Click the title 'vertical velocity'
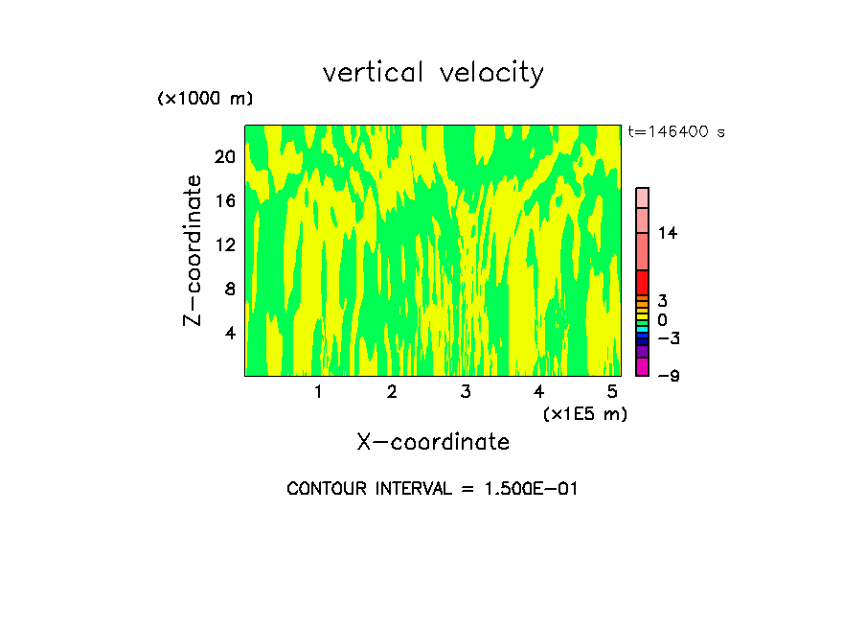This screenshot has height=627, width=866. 433,73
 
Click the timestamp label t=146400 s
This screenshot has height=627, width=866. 675,132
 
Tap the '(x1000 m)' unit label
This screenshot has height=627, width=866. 204,99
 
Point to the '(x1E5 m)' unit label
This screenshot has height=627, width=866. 585,413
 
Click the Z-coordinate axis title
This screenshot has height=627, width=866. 194,250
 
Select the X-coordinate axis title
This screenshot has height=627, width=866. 433,442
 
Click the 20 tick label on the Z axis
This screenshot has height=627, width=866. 224,157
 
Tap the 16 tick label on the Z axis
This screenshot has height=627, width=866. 224,201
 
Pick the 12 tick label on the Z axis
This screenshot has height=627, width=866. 224,244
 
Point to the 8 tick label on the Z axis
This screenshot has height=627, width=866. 229,289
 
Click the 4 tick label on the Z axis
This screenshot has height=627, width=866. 229,333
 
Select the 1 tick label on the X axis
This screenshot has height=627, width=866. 318,392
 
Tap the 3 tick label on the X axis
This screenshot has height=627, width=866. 466,392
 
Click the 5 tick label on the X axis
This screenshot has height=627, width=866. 612,392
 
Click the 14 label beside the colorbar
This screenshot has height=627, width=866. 667,233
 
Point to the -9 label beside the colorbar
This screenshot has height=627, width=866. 668,376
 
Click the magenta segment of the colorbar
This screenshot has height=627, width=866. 642,367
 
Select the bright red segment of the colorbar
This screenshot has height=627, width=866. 642,283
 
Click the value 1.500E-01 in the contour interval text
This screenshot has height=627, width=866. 521,489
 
